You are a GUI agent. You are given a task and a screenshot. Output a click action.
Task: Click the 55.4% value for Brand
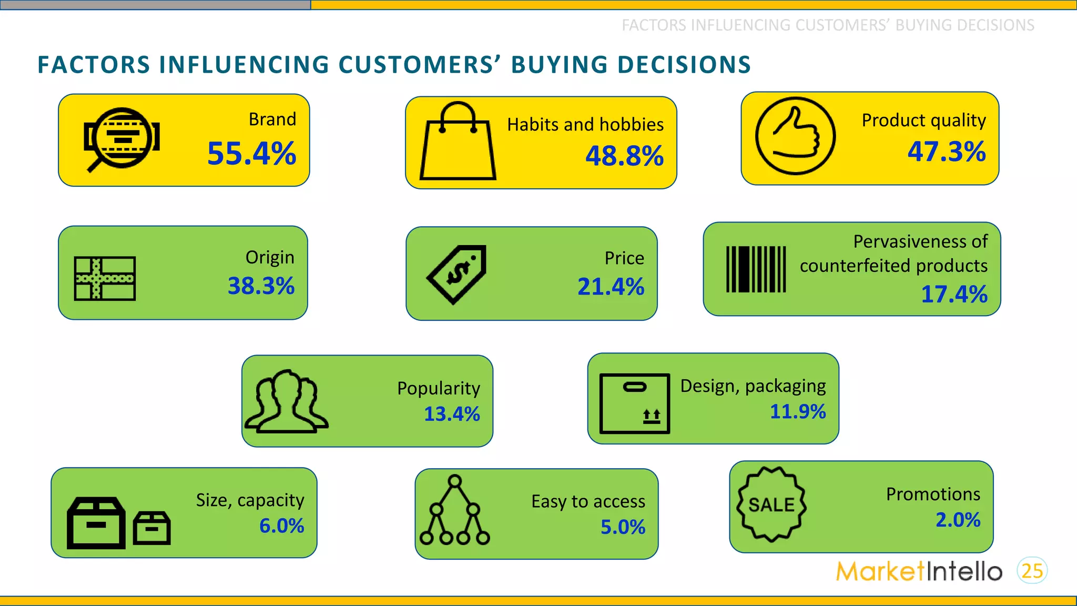tap(251, 154)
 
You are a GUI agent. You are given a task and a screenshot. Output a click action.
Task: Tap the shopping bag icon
tap(458, 142)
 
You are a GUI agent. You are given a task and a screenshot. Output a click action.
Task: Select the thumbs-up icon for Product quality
tap(795, 136)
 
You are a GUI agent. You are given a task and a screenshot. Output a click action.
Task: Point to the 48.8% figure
tap(624, 156)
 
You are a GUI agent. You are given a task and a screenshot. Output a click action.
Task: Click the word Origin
tap(270, 257)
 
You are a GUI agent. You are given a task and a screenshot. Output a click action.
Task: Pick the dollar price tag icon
tap(457, 274)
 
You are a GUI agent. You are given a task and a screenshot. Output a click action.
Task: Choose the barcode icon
tap(756, 269)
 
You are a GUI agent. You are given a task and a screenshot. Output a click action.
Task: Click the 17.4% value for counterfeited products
tap(954, 294)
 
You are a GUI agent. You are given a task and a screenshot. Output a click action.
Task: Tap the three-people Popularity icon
tap(287, 401)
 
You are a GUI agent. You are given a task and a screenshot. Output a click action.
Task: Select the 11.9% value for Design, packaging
tap(797, 411)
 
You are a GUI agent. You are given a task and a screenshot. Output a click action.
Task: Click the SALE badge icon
tap(771, 504)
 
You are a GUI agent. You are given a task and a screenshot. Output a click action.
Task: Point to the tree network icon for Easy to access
tap(455, 510)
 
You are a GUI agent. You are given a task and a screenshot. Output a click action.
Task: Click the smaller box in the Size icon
tap(152, 528)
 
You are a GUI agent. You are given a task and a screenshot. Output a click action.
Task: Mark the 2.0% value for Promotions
tap(958, 520)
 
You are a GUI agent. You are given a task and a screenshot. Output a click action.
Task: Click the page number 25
tap(1032, 571)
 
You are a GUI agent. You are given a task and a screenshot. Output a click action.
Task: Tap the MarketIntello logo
tap(919, 571)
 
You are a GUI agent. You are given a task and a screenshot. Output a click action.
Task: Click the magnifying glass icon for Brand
tap(121, 139)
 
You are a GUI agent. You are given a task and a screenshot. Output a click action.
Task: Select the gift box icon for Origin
tap(105, 278)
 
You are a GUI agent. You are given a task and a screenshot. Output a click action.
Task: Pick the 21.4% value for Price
tap(611, 287)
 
